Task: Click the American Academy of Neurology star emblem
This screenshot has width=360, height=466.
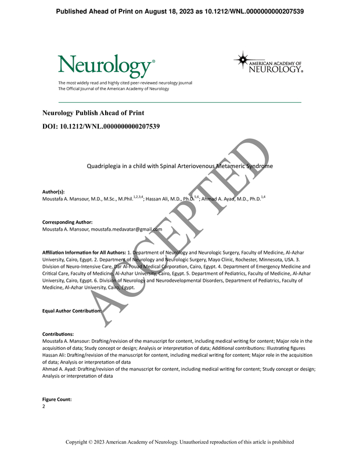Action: click(244, 60)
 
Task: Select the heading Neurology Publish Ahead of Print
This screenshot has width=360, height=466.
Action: click(93, 113)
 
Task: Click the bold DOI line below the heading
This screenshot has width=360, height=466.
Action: click(101, 126)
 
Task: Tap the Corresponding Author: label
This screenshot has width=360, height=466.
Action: click(68, 222)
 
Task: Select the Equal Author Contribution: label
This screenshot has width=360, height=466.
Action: click(72, 311)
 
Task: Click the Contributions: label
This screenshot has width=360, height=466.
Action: click(58, 334)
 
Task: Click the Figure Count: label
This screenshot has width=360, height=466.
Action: click(57, 400)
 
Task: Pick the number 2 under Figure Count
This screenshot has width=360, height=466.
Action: click(44, 407)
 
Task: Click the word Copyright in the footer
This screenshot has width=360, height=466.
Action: click(80, 443)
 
